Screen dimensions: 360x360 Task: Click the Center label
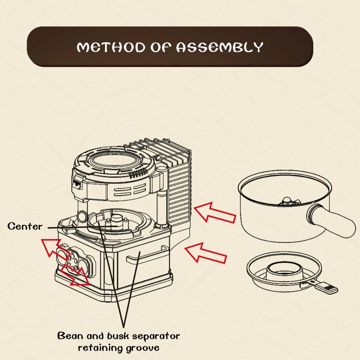[x=25, y=226]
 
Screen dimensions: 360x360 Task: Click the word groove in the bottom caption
[x=144, y=347]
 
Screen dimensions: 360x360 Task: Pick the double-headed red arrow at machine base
[x=75, y=273]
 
